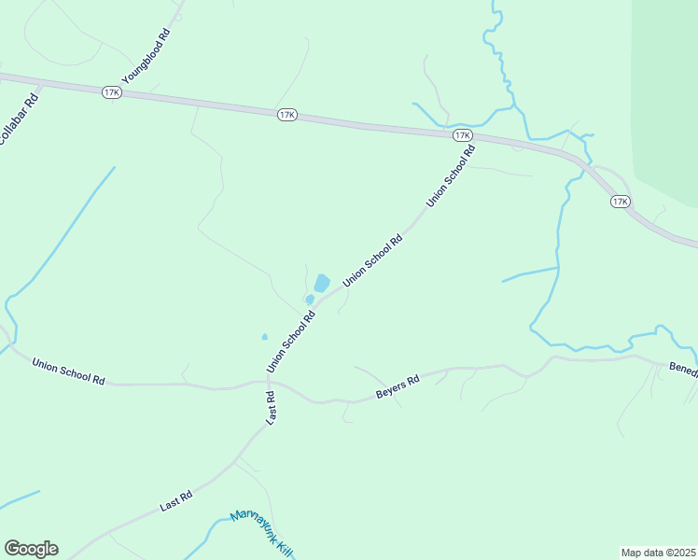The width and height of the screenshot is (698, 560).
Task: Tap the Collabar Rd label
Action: click(18, 118)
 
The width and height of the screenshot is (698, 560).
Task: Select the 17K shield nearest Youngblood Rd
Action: click(112, 92)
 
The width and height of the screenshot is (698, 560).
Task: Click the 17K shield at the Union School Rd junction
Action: click(462, 135)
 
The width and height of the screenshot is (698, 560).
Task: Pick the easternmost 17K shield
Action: click(621, 202)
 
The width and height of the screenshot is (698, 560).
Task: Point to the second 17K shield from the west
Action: click(286, 115)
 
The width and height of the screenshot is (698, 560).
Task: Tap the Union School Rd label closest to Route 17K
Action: click(451, 176)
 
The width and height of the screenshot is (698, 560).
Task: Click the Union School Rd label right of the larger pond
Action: click(372, 260)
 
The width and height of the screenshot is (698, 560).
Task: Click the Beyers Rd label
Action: click(398, 386)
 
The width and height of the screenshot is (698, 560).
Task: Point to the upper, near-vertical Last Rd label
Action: click(270, 409)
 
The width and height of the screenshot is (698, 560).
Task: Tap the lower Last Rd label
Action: click(175, 500)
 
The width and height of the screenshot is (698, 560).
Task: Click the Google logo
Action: click(31, 549)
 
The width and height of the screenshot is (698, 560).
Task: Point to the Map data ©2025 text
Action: click(658, 553)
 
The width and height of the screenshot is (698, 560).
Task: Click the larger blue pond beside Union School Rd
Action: click(321, 282)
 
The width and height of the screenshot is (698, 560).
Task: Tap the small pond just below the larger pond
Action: click(309, 299)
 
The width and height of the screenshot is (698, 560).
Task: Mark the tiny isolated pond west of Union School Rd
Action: click(265, 337)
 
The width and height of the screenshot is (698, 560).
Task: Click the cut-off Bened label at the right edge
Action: click(682, 369)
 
